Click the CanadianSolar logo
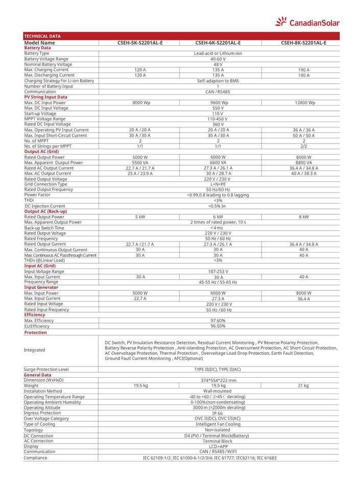pos(307,21)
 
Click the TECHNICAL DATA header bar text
pos(42,36)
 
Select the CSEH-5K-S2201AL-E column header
pos(140,43)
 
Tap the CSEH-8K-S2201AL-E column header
pos(303,43)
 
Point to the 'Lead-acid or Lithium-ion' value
pos(218,54)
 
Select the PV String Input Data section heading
pos(45,97)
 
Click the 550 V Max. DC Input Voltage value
pos(218,108)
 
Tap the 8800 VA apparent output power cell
pos(303,162)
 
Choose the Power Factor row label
pos(37,195)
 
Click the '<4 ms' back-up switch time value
pos(218,228)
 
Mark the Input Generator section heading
pos(41,287)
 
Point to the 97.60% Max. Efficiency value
pos(218,321)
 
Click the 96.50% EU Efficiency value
pos(218,326)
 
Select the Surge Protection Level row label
pos(46,369)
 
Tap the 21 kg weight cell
pos(303,386)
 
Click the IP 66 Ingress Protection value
pos(218,413)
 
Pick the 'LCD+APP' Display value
pos(218,446)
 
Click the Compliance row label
pos(36,458)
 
